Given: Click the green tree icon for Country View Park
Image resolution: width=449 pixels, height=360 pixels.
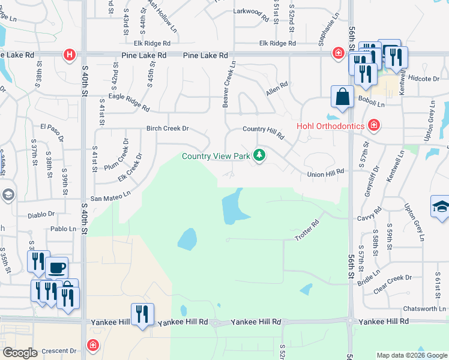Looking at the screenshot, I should pyautogui.click(x=259, y=156).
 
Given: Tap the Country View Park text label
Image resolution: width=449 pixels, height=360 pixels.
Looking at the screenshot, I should pyautogui.click(x=216, y=157).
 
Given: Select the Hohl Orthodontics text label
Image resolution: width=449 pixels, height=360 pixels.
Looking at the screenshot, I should pyautogui.click(x=331, y=126).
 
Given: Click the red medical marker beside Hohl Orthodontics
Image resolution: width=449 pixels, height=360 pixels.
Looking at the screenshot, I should pyautogui.click(x=373, y=125).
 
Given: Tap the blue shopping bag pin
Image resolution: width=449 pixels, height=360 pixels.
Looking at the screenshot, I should pyautogui.click(x=342, y=97).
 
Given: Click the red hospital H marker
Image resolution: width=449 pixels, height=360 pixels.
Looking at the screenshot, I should pyautogui.click(x=70, y=55).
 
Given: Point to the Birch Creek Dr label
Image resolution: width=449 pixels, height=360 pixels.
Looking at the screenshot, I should pyautogui.click(x=167, y=128).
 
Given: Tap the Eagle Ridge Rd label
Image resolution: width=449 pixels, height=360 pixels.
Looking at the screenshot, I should pyautogui.click(x=129, y=103).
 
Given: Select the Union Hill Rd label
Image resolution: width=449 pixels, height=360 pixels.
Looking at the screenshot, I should pyautogui.click(x=325, y=172).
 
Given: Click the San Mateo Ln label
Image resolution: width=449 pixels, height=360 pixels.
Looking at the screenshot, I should pyautogui.click(x=110, y=196).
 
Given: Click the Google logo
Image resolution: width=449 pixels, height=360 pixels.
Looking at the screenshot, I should pyautogui.click(x=20, y=353).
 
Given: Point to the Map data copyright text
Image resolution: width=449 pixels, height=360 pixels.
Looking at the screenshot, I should pyautogui.click(x=411, y=355).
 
